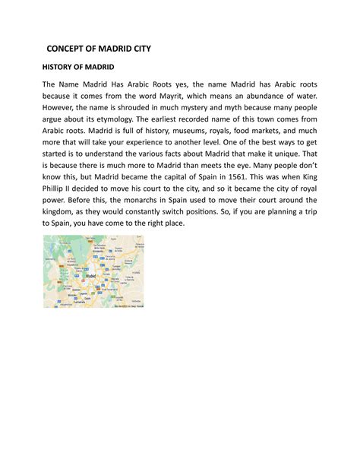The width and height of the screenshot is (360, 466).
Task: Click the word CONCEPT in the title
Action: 70,49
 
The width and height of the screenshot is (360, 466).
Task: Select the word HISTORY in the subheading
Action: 59,68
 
